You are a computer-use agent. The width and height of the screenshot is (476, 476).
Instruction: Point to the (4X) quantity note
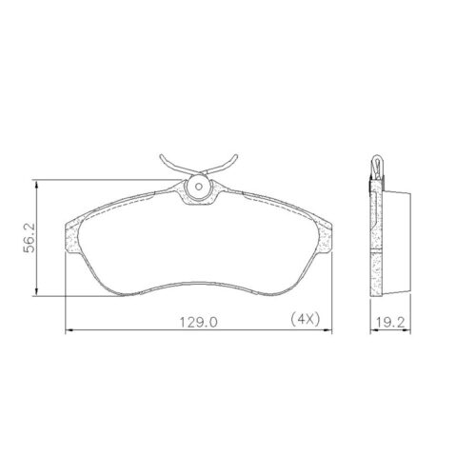point(307,322)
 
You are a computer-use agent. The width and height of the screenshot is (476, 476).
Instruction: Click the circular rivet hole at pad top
point(199,188)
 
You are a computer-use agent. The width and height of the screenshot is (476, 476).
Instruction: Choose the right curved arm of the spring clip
point(228,168)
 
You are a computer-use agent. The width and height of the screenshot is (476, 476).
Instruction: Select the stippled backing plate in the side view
point(373,238)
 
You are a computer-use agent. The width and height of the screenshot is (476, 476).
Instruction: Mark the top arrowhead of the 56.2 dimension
point(37,183)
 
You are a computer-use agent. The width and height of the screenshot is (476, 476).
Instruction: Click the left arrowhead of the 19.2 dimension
point(370,330)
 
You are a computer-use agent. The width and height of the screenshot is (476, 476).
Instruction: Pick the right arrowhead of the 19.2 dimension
point(410,330)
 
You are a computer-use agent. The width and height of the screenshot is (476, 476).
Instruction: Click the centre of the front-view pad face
point(199,243)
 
